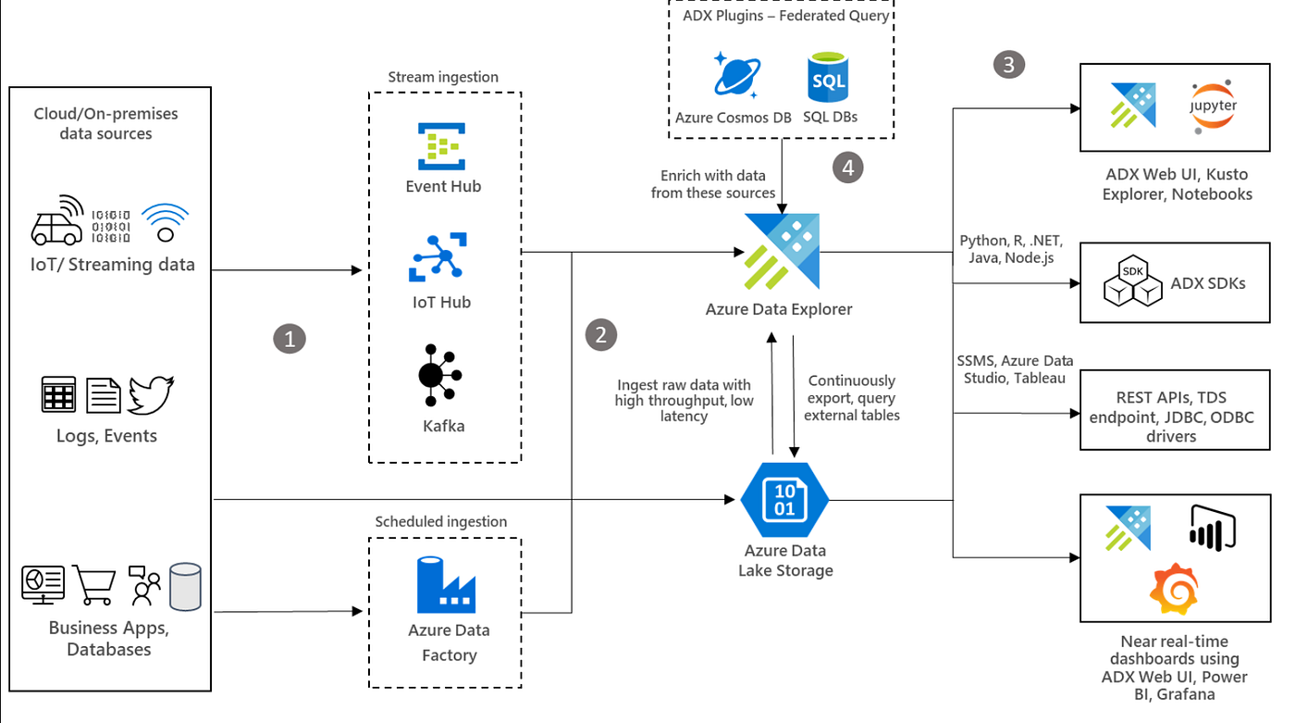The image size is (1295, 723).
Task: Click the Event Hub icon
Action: coord(441,146)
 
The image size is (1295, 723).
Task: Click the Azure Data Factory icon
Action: coord(446,584)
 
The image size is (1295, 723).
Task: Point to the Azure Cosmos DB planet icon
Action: coord(737,75)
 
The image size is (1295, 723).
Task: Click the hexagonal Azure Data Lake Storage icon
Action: coord(784,499)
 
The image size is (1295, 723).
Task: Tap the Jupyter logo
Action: coord(1213,106)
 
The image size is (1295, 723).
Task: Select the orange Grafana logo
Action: coord(1173,589)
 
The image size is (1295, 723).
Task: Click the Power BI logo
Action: coord(1213,528)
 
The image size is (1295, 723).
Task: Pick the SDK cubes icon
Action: coord(1133,282)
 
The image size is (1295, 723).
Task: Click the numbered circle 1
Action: coord(289,339)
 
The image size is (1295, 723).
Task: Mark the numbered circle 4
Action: coord(847,167)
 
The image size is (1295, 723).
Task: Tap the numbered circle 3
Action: coord(1008,64)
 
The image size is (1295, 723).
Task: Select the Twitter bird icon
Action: coord(151,394)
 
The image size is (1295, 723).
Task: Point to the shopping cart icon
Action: coord(93,585)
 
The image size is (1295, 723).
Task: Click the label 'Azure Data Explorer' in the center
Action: coord(779,309)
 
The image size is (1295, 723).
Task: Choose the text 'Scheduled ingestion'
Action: coord(441,521)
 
